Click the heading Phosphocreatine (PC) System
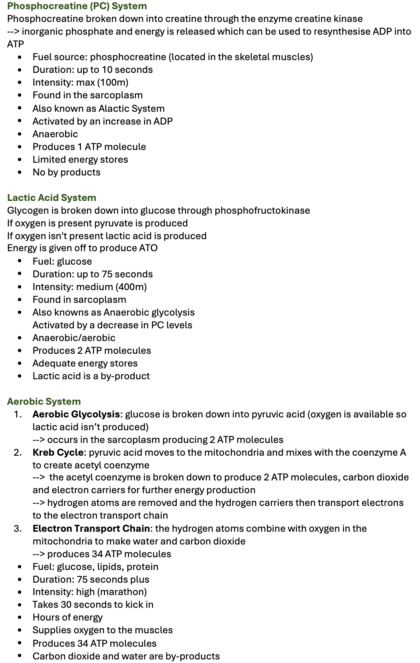click(x=77, y=6)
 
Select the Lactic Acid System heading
click(x=52, y=198)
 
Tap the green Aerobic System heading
click(x=44, y=402)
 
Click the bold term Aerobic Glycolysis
click(x=76, y=414)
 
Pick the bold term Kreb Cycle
click(x=58, y=452)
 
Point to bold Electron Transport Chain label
click(x=91, y=529)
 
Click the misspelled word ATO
click(x=148, y=248)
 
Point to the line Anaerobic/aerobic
click(x=74, y=338)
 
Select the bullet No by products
click(x=66, y=172)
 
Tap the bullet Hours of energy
click(x=68, y=617)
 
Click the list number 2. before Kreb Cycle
click(x=18, y=452)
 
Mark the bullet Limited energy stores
click(x=80, y=160)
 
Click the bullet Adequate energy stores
click(x=85, y=363)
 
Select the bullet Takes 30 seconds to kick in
click(x=93, y=605)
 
